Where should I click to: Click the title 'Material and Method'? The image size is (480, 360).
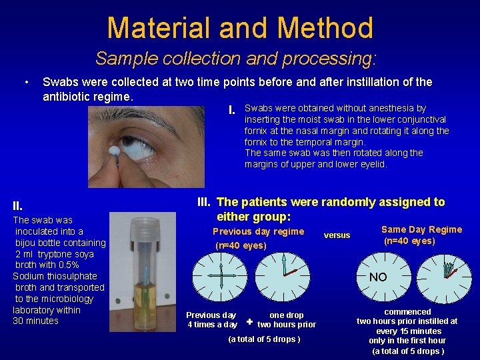[x=240, y=28]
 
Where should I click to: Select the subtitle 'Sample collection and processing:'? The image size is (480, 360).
[x=236, y=58]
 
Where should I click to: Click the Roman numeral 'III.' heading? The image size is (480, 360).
[x=205, y=202]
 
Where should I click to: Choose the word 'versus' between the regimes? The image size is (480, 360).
[x=337, y=235]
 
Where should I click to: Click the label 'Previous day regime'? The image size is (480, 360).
[x=258, y=231]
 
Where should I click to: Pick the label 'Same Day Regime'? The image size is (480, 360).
[x=421, y=229]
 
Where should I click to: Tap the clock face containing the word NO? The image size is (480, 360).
[x=377, y=277]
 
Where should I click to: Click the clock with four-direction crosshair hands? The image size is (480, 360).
[x=217, y=276]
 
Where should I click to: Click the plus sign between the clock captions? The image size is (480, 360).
[x=249, y=322]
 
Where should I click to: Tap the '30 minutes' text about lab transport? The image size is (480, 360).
[x=36, y=321]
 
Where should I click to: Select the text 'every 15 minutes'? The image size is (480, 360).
[x=409, y=331]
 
